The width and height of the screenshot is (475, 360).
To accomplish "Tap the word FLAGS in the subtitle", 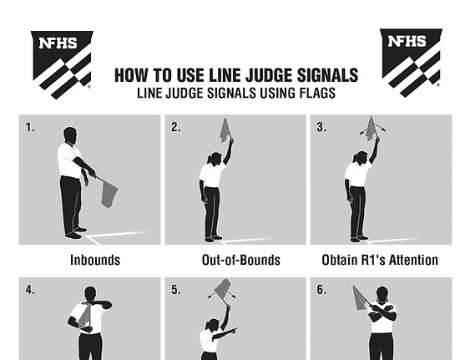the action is [317, 93].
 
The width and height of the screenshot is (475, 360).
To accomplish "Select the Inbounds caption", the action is [95, 260].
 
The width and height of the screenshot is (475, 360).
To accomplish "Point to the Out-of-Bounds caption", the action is [241, 260].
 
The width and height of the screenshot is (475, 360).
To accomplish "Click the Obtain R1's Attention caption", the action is [380, 260].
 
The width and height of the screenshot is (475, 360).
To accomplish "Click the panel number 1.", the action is [30, 127].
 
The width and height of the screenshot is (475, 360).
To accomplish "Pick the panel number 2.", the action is [175, 127].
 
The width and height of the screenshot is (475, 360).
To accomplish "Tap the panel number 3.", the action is [321, 127].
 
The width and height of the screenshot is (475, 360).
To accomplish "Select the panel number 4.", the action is [30, 290].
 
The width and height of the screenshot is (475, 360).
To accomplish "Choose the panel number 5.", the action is [175, 290].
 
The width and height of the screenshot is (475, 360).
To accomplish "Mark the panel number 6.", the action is [321, 290].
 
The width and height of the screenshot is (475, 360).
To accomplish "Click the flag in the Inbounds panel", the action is [109, 194].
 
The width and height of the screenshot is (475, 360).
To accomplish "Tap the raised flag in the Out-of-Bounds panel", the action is [225, 130].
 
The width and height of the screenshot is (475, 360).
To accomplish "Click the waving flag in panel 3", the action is [371, 129].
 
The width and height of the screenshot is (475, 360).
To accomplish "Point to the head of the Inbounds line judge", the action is [70, 136].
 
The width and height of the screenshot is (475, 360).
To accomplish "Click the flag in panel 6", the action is [360, 298].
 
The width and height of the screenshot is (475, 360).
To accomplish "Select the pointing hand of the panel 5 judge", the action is [234, 330].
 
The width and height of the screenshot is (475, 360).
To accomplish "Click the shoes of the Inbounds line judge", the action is [75, 233].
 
